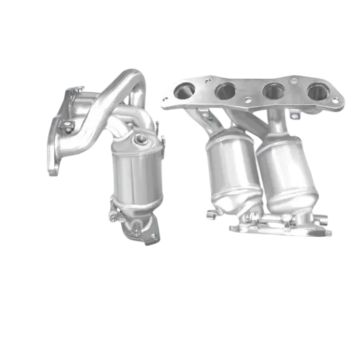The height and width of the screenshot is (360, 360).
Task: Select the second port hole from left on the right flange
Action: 225,91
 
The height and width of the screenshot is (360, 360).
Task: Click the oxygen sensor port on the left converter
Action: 139,138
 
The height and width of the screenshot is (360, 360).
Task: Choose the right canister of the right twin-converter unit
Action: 282,168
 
